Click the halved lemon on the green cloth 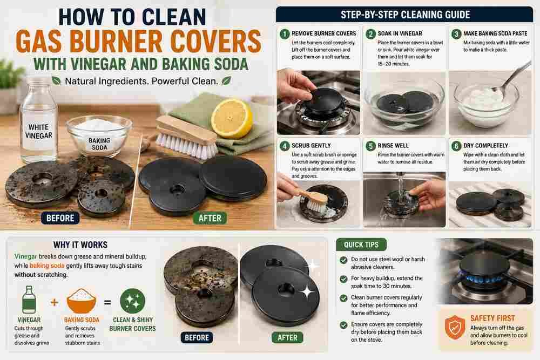point(232,118)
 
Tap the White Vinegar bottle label point(38,131)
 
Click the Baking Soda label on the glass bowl point(99,144)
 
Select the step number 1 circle point(285,33)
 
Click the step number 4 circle point(285,146)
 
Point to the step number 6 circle point(456,146)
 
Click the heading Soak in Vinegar point(400,33)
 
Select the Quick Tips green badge point(361,244)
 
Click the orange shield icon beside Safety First point(455,327)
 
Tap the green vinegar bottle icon point(29,300)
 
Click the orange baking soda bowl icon point(82,301)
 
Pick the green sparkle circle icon point(133,301)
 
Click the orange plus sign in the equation point(55,302)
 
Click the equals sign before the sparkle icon point(108,303)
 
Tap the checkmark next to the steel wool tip point(343,260)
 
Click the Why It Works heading point(80,244)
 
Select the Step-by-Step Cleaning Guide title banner point(404,15)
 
